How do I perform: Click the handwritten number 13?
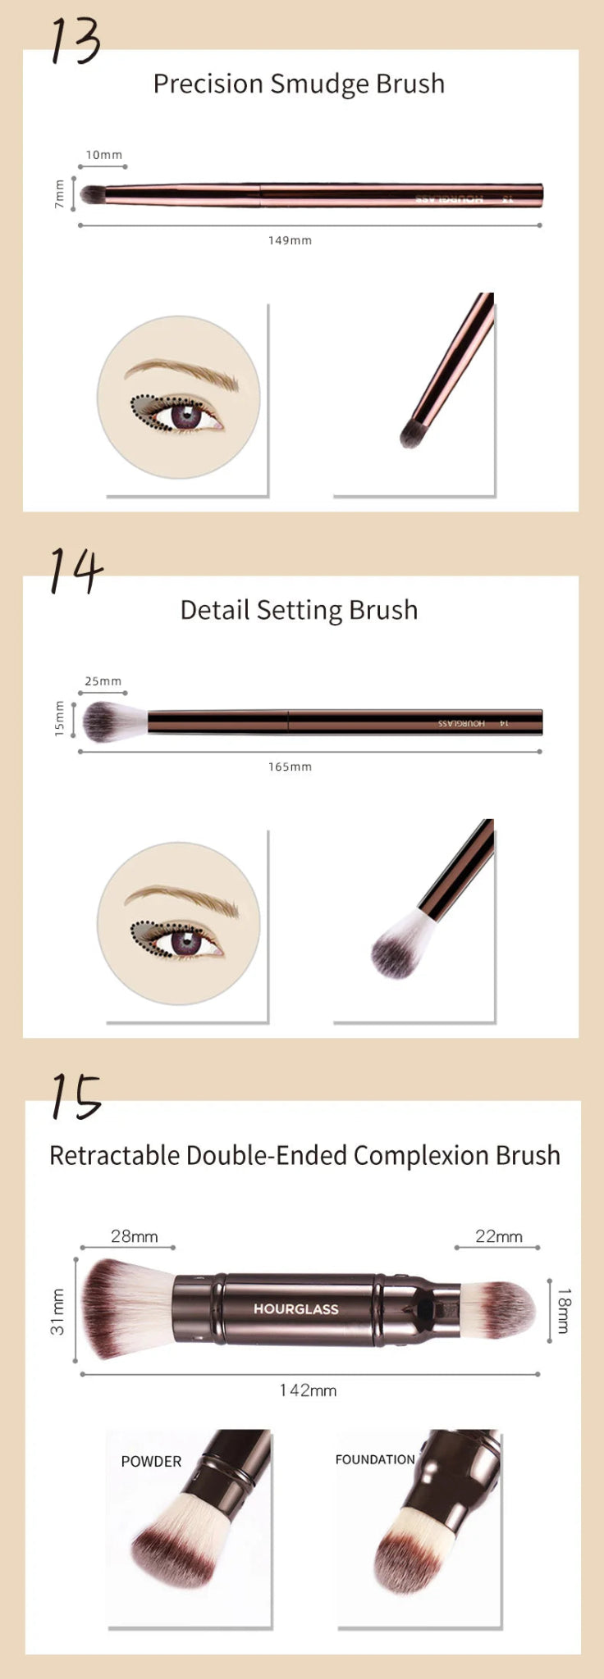75,41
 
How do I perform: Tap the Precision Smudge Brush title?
299,84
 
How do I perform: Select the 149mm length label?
290,240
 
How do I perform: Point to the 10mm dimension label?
104,155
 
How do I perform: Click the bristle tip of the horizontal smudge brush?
91,194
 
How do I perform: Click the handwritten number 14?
76,571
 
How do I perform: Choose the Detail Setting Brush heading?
299,610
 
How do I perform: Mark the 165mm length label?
290,767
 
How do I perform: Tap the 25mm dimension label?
103,681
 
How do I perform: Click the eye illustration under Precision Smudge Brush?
179,397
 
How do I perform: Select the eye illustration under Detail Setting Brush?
179,923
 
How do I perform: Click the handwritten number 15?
75,1096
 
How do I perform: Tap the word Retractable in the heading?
115,1155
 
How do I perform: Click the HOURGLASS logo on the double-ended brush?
295,1309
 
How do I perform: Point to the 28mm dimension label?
135,1236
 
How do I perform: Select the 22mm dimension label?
498,1236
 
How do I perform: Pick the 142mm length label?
308,1390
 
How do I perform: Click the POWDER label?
151,1462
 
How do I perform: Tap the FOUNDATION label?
375,1460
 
